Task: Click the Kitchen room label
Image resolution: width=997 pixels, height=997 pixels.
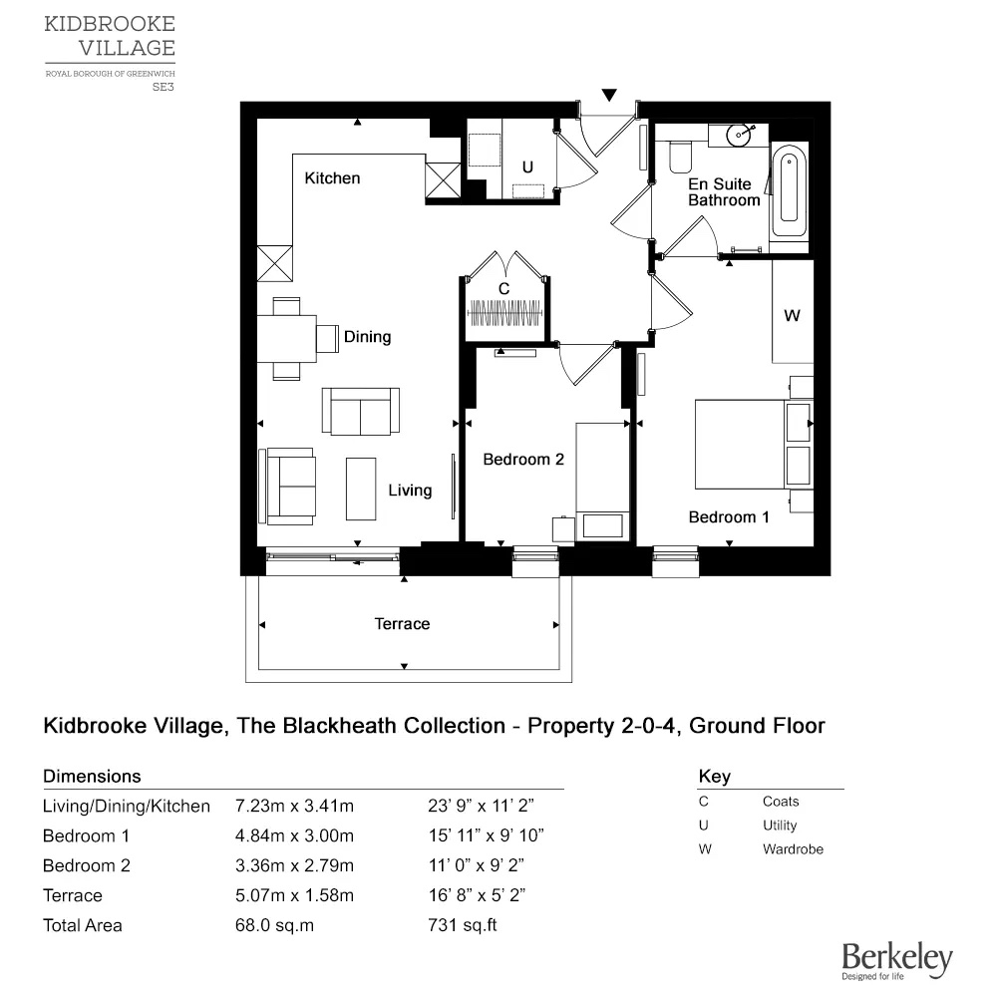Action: (x=332, y=178)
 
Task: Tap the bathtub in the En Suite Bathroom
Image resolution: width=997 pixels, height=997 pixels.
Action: (x=790, y=189)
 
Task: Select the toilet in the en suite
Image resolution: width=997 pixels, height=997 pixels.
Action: (x=680, y=157)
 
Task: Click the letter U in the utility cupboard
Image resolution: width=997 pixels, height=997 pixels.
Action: (x=527, y=167)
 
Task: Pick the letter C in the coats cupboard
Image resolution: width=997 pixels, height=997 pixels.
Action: (x=504, y=288)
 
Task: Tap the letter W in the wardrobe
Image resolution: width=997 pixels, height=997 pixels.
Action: (x=792, y=316)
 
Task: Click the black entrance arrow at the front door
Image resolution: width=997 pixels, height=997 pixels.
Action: (x=608, y=96)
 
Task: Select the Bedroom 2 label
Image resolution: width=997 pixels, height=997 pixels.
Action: (x=523, y=460)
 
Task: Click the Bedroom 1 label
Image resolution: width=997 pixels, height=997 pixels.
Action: (x=729, y=516)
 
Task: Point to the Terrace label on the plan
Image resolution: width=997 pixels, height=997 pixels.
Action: (x=402, y=624)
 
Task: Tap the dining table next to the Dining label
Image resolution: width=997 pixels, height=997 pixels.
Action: (x=287, y=339)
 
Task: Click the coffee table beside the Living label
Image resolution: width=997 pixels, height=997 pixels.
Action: (x=361, y=488)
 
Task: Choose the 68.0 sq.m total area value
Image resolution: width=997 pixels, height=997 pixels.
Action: (x=274, y=925)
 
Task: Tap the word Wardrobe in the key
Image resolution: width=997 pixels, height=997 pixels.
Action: (x=793, y=849)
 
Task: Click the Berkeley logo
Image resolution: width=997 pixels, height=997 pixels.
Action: (x=896, y=960)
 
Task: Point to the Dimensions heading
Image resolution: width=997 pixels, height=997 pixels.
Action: (x=92, y=776)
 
